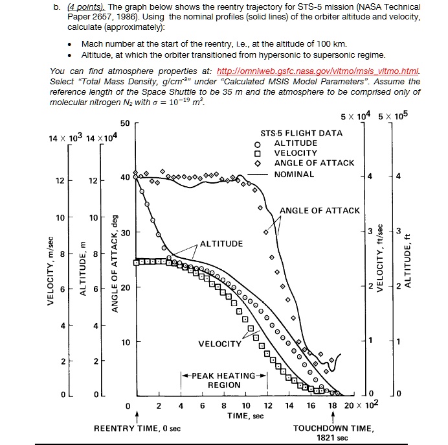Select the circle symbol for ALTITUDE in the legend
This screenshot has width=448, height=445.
[257, 143]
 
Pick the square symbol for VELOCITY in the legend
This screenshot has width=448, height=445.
[257, 154]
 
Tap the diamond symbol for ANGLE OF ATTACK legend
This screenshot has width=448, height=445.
[257, 163]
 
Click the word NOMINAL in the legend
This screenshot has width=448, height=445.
[294, 174]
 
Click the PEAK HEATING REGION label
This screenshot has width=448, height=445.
[224, 380]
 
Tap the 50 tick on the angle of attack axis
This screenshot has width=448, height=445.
[125, 123]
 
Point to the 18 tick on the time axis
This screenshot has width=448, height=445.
[332, 406]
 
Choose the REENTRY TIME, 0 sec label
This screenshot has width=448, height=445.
[137, 429]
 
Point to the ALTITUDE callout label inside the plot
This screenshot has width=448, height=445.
[221, 243]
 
